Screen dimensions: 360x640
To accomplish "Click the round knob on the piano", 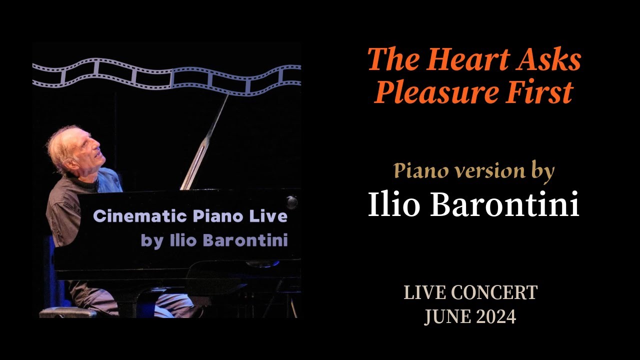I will tap(291, 202).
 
